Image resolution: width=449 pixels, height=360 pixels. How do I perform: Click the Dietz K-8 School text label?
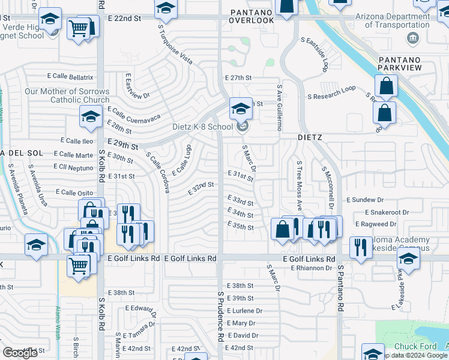(202, 127)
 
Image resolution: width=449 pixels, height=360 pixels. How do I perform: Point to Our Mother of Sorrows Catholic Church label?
(67, 95)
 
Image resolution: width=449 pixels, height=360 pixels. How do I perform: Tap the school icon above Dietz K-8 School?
(241, 109)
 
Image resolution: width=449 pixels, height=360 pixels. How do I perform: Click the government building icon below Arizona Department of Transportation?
(412, 39)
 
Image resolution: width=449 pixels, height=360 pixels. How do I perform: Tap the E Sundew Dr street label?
(365, 200)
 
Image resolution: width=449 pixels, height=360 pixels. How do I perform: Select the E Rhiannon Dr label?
(312, 268)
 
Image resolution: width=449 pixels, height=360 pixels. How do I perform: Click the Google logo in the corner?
(20, 353)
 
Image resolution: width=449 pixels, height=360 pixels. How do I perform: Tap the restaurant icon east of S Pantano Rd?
(361, 247)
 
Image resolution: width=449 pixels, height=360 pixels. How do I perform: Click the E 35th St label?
(241, 227)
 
